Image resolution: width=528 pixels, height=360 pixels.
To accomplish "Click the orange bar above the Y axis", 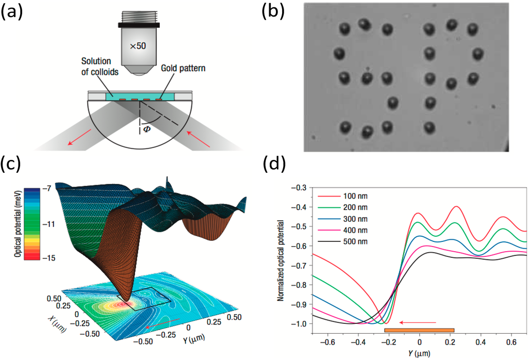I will pyautogui.click(x=419, y=330).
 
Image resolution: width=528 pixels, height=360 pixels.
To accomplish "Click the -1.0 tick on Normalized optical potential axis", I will pyautogui.click(x=300, y=323).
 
